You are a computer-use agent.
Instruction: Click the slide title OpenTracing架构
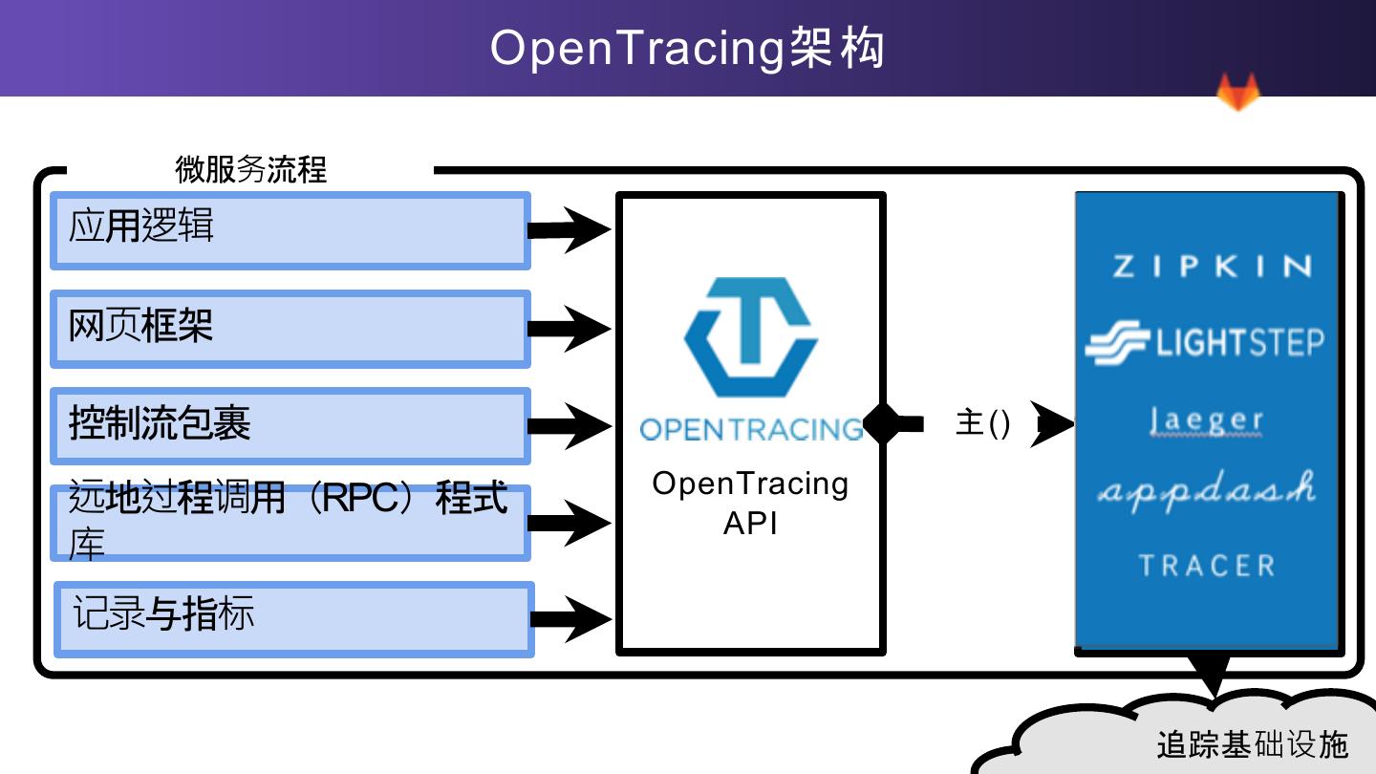click(x=687, y=48)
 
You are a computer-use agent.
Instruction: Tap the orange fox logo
click(x=1237, y=93)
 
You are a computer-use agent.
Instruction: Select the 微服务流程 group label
click(x=250, y=169)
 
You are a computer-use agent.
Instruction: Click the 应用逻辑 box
click(x=290, y=230)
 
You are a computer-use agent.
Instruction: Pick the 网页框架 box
click(x=290, y=329)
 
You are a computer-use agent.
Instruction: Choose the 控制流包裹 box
click(x=290, y=425)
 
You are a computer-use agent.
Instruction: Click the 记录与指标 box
click(x=292, y=618)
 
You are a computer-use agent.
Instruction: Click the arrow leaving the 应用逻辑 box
click(x=570, y=229)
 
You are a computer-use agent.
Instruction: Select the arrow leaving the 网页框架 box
click(x=570, y=329)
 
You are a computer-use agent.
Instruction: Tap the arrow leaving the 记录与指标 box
click(x=570, y=618)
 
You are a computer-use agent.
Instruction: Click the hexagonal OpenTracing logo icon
click(x=751, y=337)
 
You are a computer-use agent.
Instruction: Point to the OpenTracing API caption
click(x=750, y=503)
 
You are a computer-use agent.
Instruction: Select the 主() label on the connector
click(x=982, y=423)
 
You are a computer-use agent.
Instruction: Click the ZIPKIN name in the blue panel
click(x=1212, y=267)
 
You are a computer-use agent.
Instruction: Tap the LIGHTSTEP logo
click(x=1205, y=343)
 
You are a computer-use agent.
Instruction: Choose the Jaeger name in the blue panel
click(x=1206, y=419)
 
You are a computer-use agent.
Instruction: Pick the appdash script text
click(x=1206, y=490)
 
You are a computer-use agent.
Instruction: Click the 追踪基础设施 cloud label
click(x=1252, y=744)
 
